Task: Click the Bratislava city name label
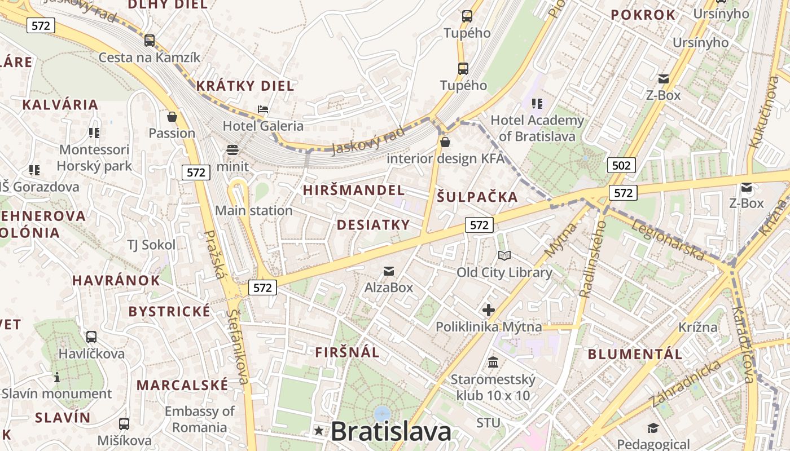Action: tap(390, 431)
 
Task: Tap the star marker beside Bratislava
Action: tap(319, 431)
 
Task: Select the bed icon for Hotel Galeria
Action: tap(263, 109)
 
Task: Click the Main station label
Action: tap(254, 210)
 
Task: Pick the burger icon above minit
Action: tap(232, 149)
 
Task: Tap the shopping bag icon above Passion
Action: tap(172, 117)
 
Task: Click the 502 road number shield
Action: tap(621, 165)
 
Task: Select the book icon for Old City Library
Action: tap(504, 255)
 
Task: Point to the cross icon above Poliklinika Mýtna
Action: tap(489, 309)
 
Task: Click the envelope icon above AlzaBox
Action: tap(389, 271)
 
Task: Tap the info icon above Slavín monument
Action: tap(56, 377)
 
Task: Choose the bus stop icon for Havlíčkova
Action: tap(91, 337)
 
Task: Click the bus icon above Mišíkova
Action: tap(124, 423)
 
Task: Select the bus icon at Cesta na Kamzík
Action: tap(150, 40)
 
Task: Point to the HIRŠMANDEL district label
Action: tap(354, 190)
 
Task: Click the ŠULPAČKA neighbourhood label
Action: tap(477, 197)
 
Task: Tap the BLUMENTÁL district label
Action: tap(635, 354)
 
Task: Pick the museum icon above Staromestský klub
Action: tap(493, 361)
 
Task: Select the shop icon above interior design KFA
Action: tap(445, 142)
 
